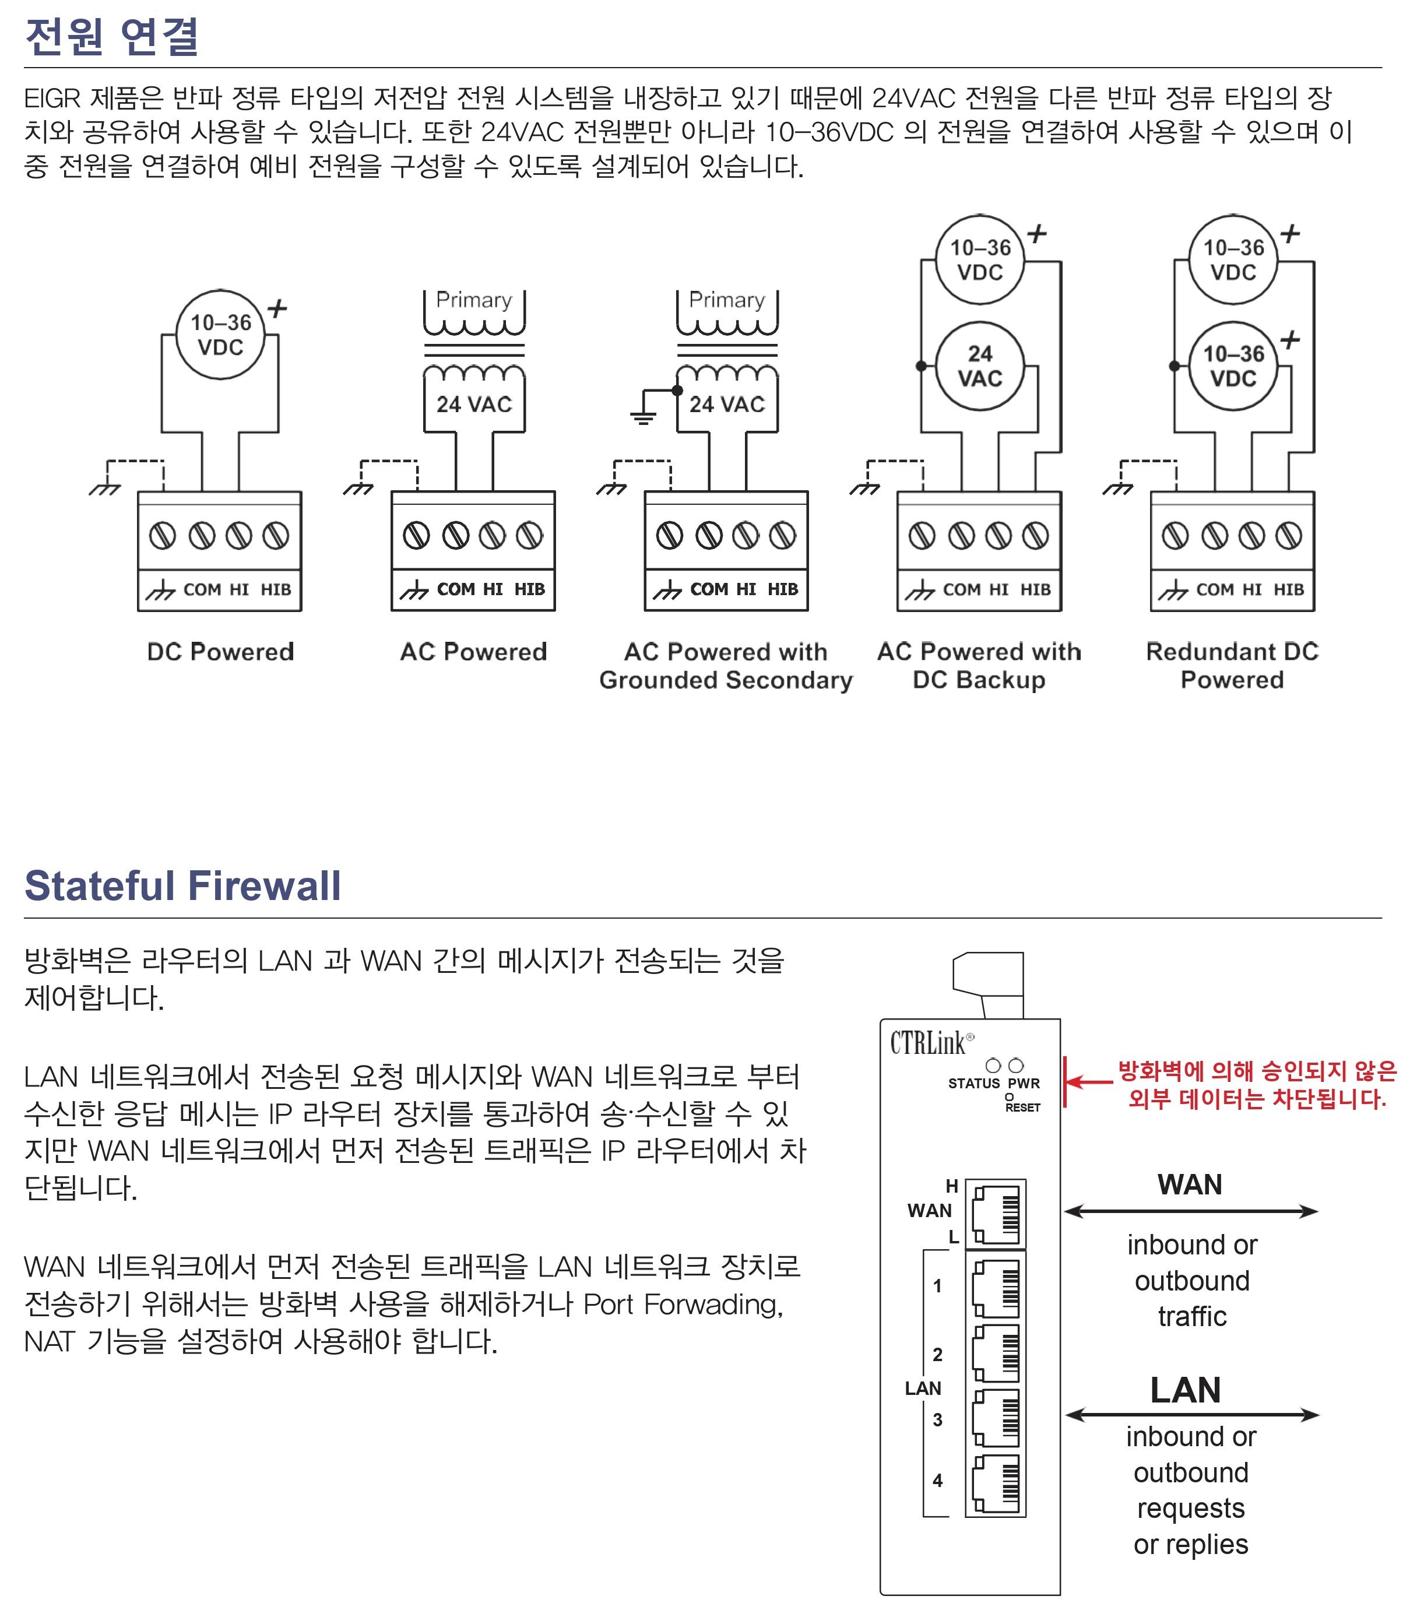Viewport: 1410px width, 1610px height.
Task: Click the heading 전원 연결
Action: tap(112, 36)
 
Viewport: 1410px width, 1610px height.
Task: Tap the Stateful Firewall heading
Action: tap(182, 885)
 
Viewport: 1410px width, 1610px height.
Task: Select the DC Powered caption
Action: tap(220, 652)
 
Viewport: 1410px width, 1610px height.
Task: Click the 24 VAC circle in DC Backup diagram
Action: tap(980, 366)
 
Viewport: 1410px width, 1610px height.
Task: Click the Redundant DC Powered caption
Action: tap(1232, 666)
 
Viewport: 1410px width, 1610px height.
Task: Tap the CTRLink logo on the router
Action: tap(931, 1043)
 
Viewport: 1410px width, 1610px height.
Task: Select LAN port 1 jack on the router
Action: tap(996, 1288)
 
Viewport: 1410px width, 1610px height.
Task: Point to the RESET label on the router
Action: tap(1022, 1107)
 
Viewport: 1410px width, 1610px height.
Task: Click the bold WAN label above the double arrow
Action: tap(1190, 1185)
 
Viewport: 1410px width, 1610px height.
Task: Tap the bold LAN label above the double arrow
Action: tap(1186, 1390)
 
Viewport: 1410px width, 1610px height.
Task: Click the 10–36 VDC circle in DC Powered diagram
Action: tap(220, 335)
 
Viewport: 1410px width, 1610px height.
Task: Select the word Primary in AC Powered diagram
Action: tap(474, 300)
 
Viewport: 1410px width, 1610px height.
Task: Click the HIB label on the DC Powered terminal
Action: tap(276, 589)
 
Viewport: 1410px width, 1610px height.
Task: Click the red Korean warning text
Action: tap(1257, 1084)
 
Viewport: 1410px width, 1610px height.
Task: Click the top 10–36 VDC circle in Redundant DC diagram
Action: tap(1233, 259)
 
